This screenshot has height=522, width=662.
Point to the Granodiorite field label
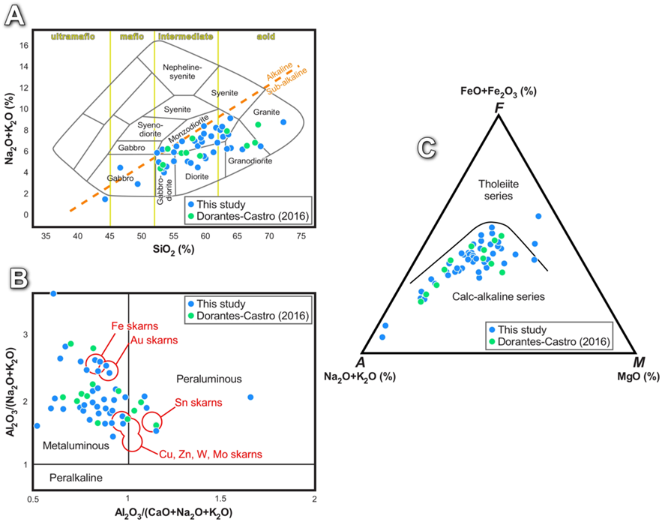(251, 160)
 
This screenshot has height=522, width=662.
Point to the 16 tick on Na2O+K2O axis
(25, 44)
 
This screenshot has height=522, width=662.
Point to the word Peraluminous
(205, 377)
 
